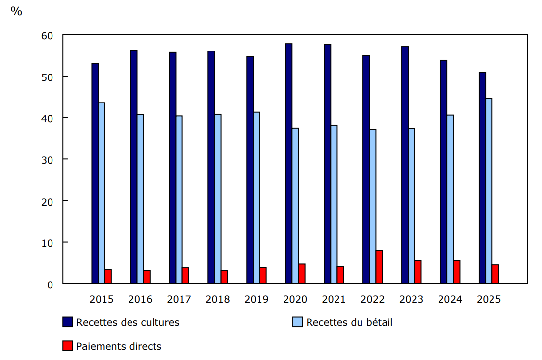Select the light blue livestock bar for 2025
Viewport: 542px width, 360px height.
pos(489,191)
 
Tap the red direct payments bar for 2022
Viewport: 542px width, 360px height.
pos(379,267)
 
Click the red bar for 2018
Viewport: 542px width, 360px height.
pos(224,277)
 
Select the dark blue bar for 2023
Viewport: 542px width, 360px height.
pos(405,165)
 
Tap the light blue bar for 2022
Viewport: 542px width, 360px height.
pos(373,206)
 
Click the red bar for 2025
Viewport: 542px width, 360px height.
pos(495,274)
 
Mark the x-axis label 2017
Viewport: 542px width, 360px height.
pos(179,299)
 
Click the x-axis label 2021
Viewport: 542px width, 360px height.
pos(334,299)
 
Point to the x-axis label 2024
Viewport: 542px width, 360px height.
pos(450,299)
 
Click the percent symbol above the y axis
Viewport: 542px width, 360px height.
pos(16,12)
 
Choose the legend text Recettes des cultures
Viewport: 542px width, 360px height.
pos(128,322)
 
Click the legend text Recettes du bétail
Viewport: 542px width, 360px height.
pos(349,322)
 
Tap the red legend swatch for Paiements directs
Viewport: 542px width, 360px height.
pos(68,346)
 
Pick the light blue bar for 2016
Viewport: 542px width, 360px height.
pos(140,199)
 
